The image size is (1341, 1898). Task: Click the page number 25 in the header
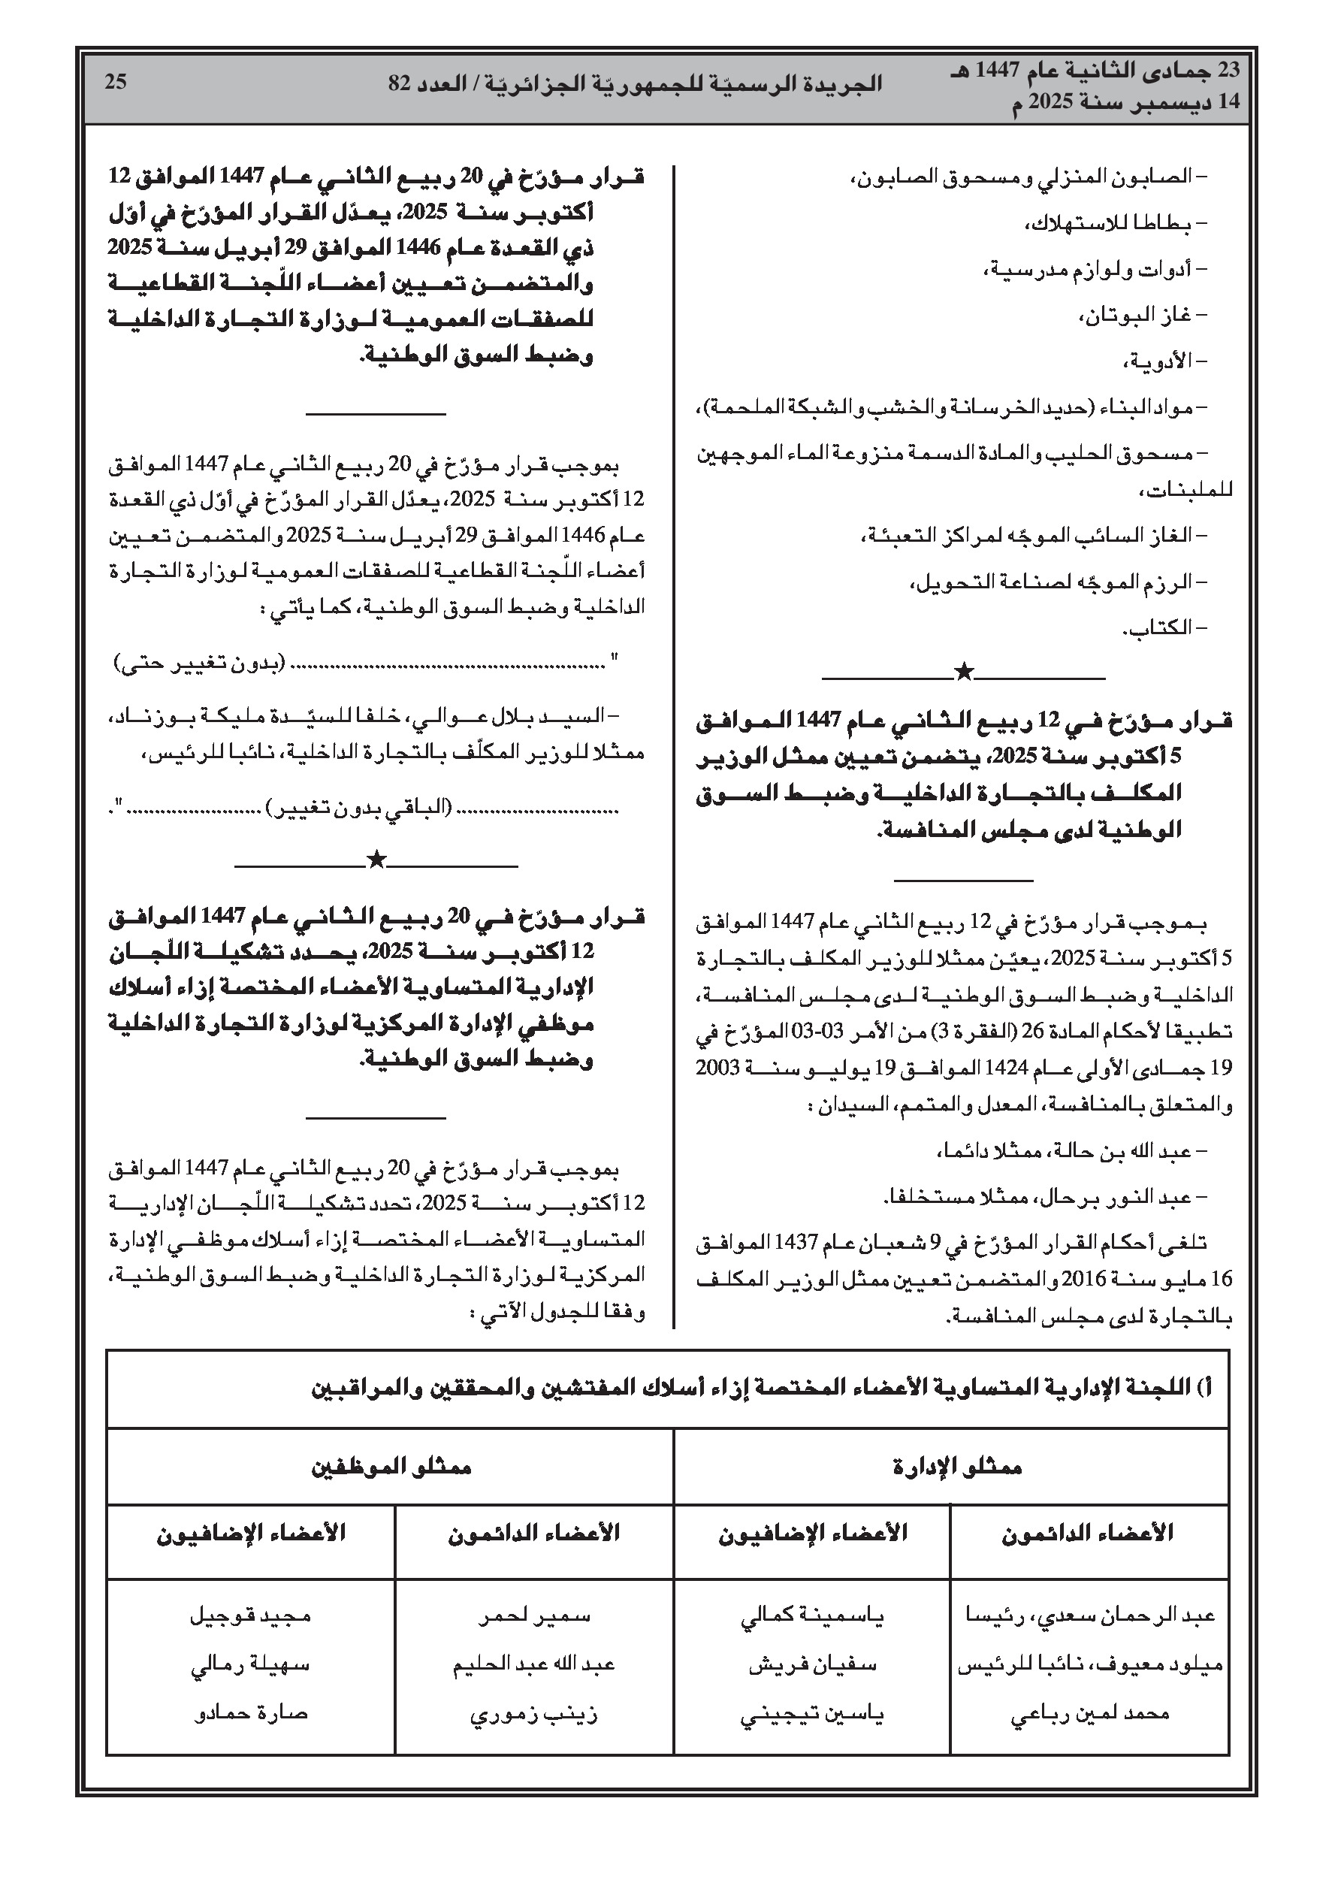point(116,82)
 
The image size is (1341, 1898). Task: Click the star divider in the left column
point(376,860)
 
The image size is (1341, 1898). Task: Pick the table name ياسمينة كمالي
point(812,1616)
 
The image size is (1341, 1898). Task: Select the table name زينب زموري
point(533,1714)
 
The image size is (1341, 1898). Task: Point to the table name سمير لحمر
point(534,1616)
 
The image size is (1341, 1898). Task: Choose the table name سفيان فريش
point(812,1665)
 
